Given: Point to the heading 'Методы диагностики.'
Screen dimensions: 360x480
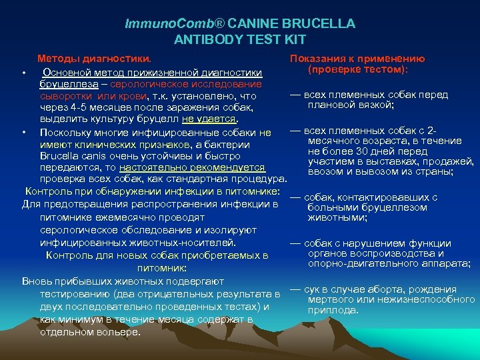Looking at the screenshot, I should click(89, 59).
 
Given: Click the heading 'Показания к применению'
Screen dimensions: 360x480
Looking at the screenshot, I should click(357, 59).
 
